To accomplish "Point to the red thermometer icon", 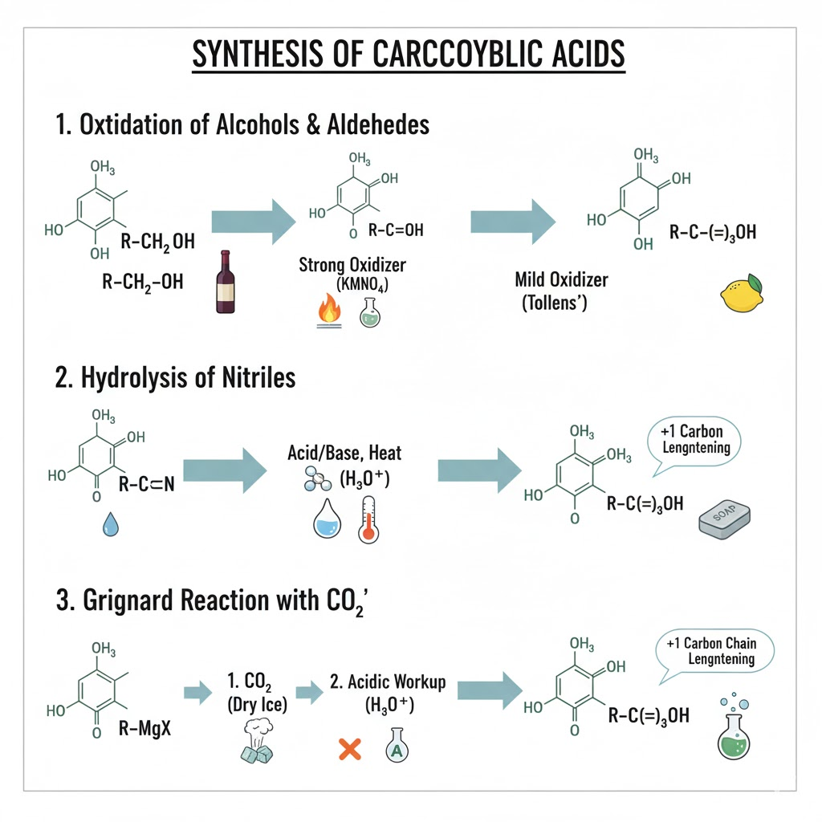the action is pos(368,519).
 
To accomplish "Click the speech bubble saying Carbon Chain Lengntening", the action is pos(721,650).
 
